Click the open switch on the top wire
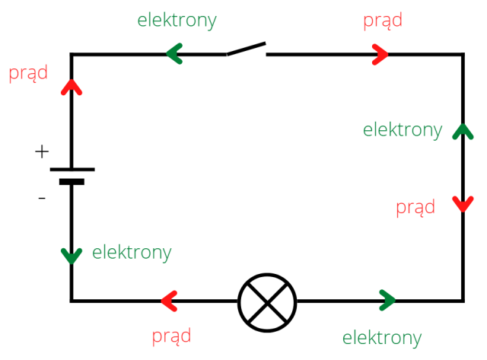pos(246,50)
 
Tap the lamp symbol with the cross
pos(266,301)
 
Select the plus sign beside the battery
pos(42,152)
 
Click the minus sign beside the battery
pos(42,199)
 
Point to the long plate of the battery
pos(72,169)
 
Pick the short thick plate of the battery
pos(72,182)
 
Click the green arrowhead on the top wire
pos(174,54)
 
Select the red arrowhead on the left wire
pos(72,86)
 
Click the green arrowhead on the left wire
pos(72,256)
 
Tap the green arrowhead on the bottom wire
pos(387,301)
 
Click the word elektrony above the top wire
pos(177,21)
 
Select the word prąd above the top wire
pos(383,21)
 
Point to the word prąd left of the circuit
pos(28,74)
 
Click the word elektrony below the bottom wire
pos(382,338)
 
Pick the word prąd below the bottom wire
pos(171,336)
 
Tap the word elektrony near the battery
pos(132,252)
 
